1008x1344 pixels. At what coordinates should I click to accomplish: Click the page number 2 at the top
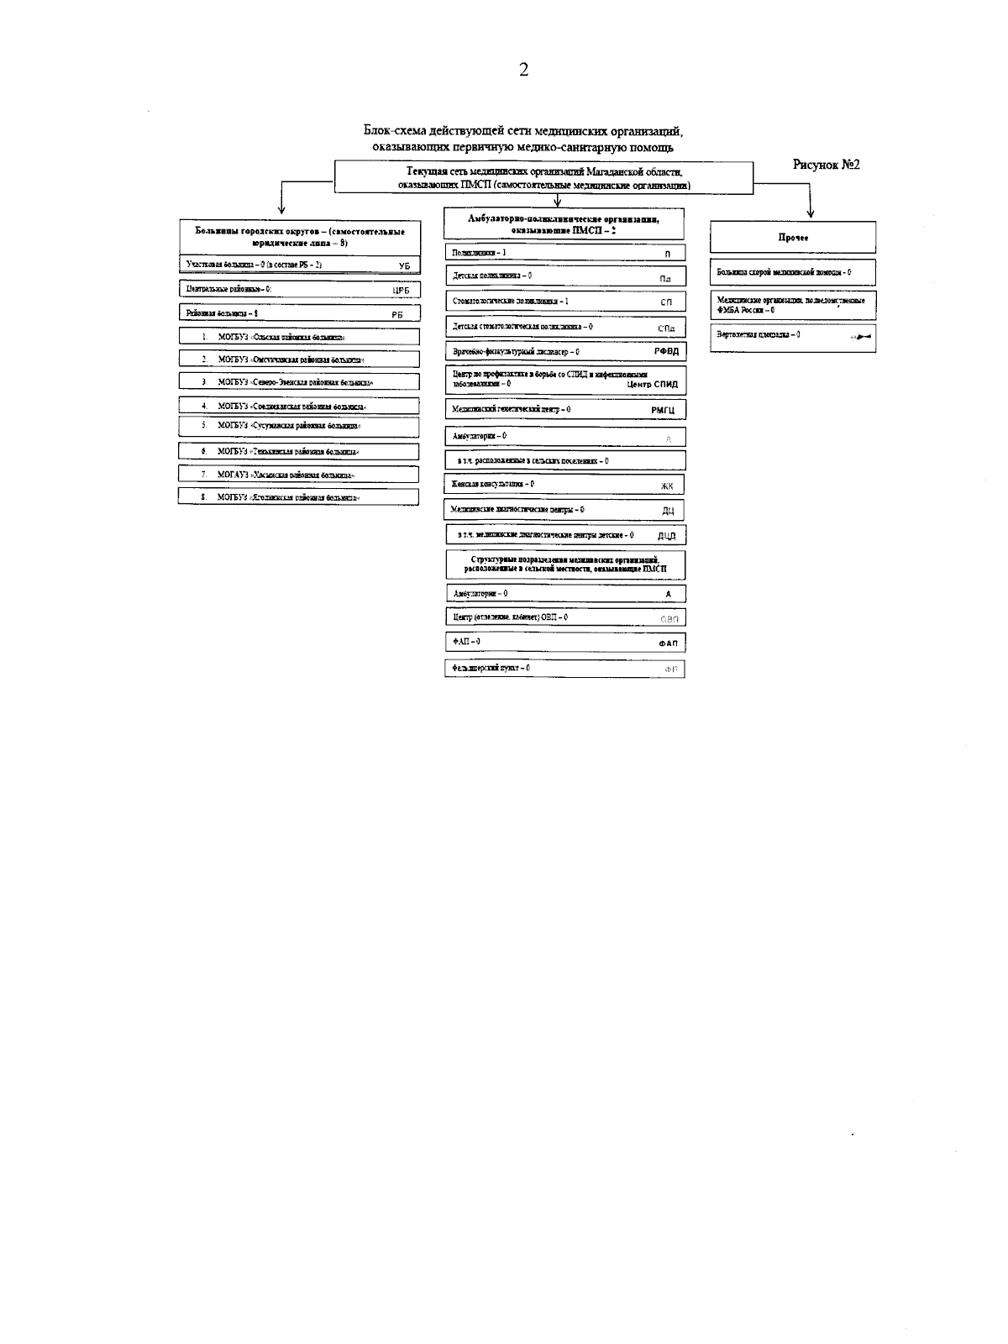(523, 70)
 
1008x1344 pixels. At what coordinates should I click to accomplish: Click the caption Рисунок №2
(826, 165)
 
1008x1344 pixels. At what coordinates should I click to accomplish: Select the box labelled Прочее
(792, 238)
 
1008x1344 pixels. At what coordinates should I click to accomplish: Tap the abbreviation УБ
(404, 265)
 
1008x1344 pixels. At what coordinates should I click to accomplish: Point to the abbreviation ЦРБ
(401, 290)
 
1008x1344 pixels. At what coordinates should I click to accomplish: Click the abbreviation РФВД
(665, 351)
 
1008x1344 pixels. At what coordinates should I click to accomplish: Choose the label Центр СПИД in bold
(652, 385)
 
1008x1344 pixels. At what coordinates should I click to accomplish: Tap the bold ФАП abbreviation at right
(667, 643)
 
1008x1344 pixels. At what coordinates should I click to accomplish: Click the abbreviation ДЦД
(666, 536)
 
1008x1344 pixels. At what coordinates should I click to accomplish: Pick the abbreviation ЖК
(667, 486)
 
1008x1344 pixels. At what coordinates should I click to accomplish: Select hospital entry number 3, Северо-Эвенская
(295, 381)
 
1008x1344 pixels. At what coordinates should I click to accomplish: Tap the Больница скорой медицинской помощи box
(792, 272)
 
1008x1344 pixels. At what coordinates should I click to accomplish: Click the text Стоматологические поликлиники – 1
(511, 301)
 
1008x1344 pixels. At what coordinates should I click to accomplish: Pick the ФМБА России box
(792, 304)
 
